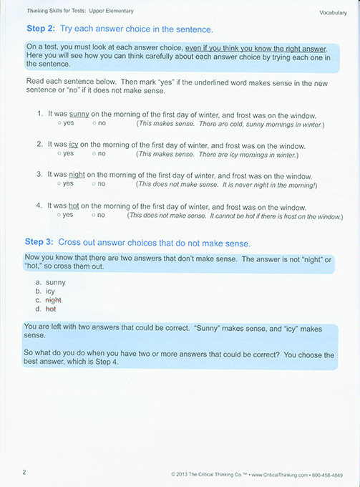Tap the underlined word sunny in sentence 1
pos(79,115)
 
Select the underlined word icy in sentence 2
pos(73,144)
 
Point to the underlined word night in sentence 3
pos(77,173)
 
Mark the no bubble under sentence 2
pos(94,153)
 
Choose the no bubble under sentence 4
pos(94,214)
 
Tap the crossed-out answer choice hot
pos(50,309)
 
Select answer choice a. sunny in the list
pos(55,282)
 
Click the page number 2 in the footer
pos(24,472)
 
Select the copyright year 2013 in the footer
pos(187,474)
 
